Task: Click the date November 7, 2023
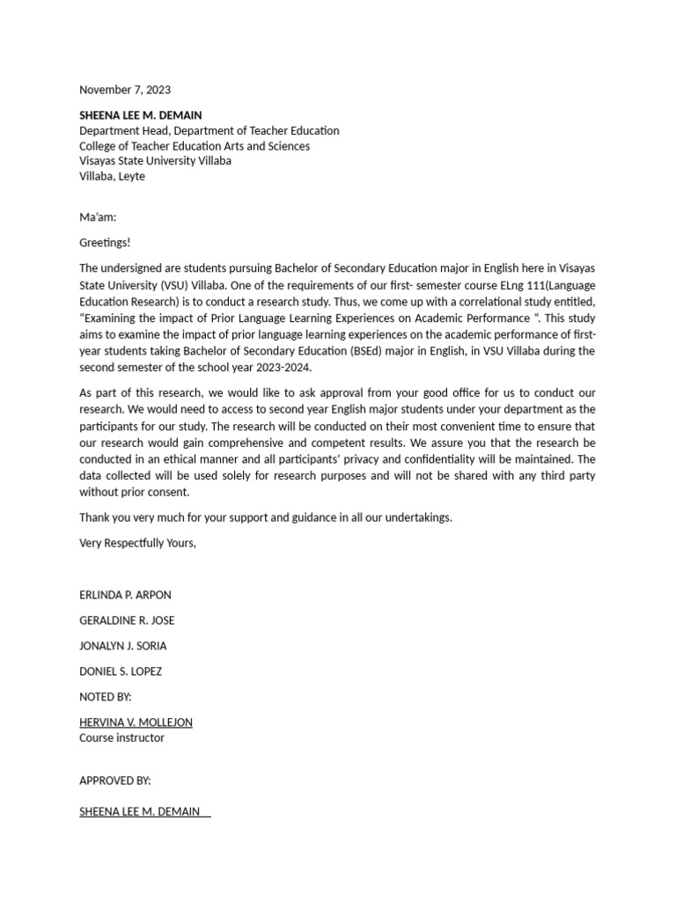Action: (x=125, y=90)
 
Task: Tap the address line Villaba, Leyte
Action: (x=112, y=176)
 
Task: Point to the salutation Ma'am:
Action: (x=98, y=217)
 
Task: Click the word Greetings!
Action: (x=105, y=243)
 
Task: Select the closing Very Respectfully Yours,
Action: (x=137, y=543)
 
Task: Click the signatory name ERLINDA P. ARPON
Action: (x=125, y=595)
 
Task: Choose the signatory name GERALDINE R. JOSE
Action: (x=127, y=620)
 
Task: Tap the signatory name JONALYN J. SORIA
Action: (x=122, y=646)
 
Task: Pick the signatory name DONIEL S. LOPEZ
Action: (x=121, y=671)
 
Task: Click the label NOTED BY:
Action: (x=105, y=697)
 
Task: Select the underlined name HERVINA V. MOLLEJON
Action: (x=136, y=722)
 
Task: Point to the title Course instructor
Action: (x=121, y=738)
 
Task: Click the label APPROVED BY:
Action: (x=114, y=780)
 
